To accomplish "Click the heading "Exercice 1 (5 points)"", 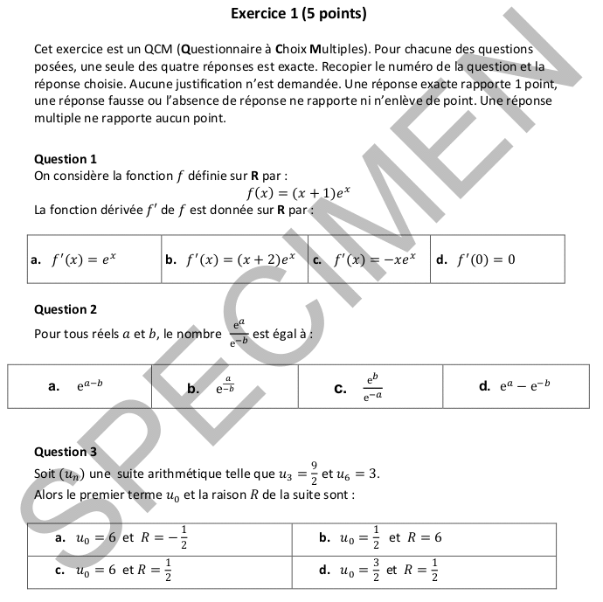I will [x=299, y=13].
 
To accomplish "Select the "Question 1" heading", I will [x=66, y=159].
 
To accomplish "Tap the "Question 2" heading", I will [x=66, y=309].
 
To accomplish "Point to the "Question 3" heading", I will [x=66, y=452].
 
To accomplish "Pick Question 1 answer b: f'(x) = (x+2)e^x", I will [x=239, y=259].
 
